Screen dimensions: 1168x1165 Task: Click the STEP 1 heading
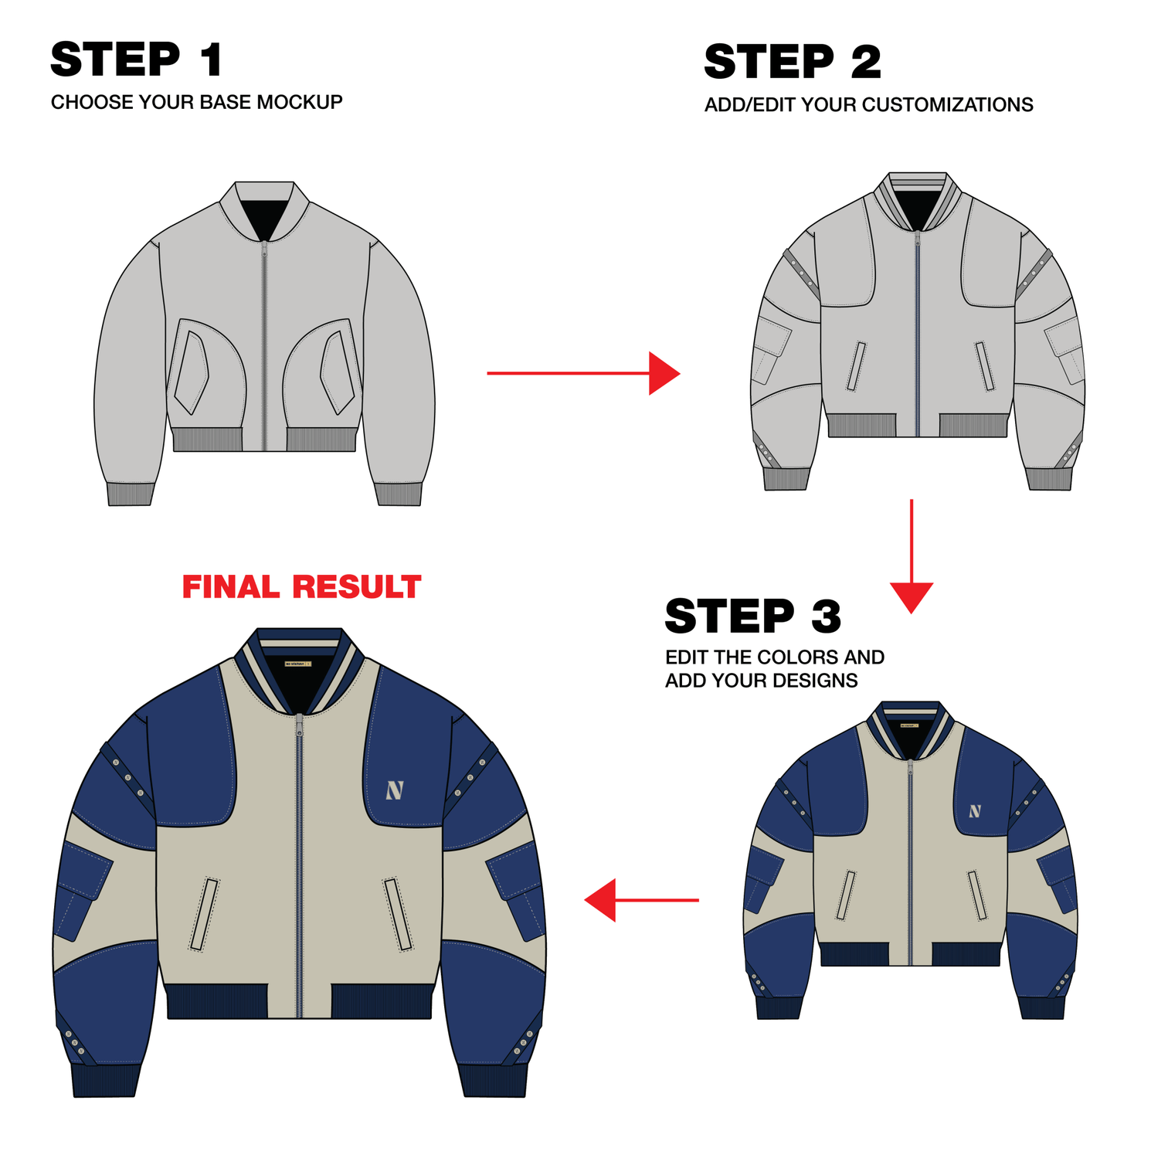[137, 59]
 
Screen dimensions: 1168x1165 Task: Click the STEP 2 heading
[793, 62]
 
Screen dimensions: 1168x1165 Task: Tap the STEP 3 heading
[753, 616]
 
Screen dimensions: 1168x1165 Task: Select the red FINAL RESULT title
[301, 587]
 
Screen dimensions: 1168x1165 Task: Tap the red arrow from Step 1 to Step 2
[583, 373]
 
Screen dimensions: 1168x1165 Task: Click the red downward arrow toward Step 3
[912, 556]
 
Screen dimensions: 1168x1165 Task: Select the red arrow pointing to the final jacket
[641, 900]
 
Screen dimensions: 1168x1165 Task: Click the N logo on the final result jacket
[395, 790]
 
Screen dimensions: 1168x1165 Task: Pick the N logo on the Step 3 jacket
[975, 811]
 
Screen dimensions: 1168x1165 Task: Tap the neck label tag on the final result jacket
[298, 663]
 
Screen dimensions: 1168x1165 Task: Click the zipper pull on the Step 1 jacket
[264, 249]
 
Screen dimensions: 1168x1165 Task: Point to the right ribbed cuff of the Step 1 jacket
[399, 494]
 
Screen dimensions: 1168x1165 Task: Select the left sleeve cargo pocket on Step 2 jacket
[772, 350]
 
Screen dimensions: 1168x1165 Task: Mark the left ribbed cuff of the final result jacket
[106, 1080]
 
